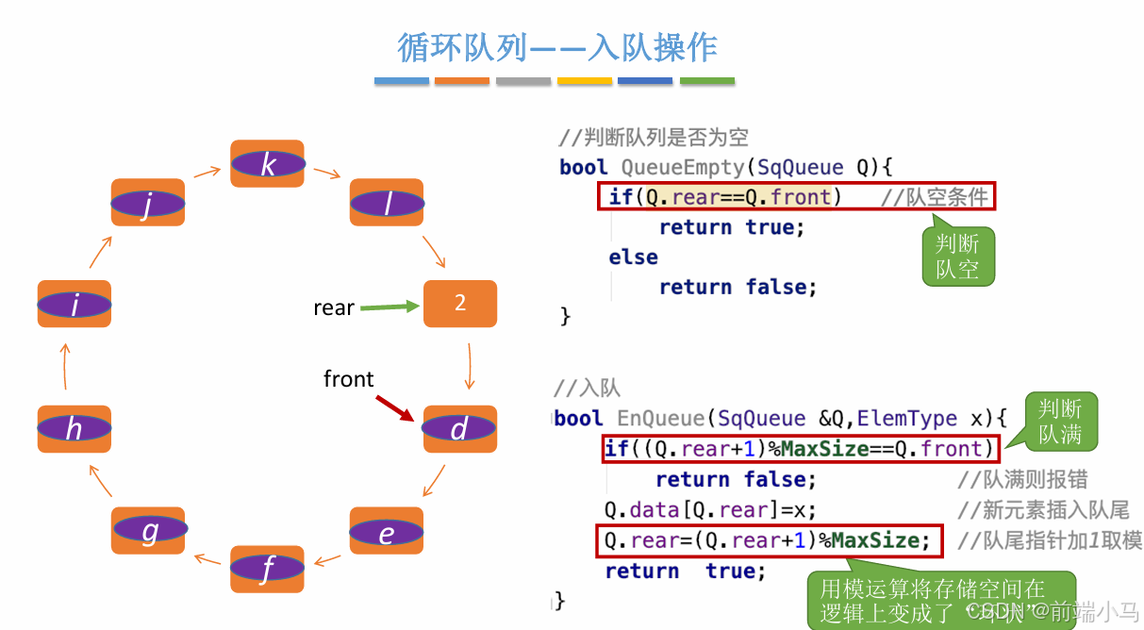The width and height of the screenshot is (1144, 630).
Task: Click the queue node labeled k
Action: [x=268, y=164]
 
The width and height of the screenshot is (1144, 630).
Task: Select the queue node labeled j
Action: [x=148, y=203]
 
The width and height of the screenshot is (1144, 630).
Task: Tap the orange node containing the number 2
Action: [x=460, y=304]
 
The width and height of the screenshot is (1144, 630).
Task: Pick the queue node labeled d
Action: [x=459, y=429]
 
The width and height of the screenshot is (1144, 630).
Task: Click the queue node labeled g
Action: [x=149, y=531]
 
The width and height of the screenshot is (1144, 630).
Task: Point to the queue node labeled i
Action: [x=75, y=304]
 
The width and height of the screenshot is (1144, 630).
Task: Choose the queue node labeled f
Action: [x=268, y=569]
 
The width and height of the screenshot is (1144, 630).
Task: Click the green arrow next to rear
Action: [x=389, y=307]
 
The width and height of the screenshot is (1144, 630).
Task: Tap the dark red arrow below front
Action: [x=395, y=408]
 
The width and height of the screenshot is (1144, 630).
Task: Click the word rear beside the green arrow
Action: [x=334, y=308]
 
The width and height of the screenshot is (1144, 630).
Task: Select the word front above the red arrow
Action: [x=348, y=379]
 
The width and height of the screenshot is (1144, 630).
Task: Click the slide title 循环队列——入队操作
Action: [x=557, y=46]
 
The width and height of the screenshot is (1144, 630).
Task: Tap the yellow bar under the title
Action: [x=585, y=81]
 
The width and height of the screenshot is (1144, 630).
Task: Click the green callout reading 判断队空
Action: [x=957, y=257]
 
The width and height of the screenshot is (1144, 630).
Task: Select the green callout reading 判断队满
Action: [x=1060, y=421]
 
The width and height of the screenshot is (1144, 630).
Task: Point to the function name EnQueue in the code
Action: [x=660, y=418]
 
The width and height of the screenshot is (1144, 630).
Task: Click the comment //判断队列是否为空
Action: [x=654, y=138]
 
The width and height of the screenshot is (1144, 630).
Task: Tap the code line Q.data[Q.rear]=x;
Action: [x=710, y=510]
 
